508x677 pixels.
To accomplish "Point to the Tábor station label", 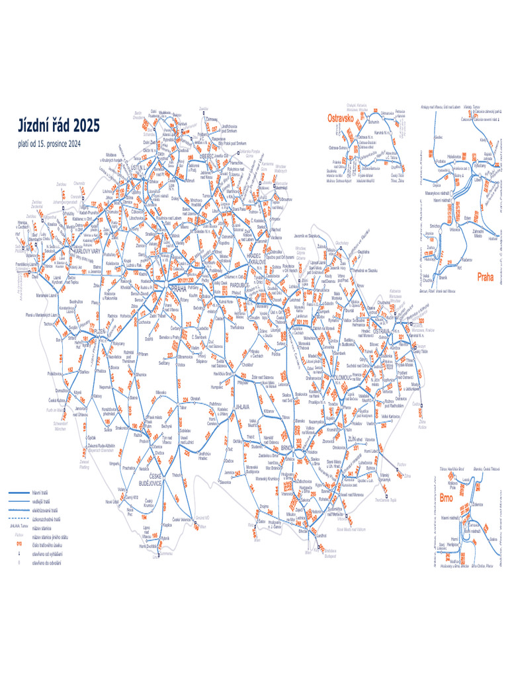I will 183,409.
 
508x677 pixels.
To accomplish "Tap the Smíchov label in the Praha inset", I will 436,226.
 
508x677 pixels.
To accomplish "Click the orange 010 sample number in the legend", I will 19,543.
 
